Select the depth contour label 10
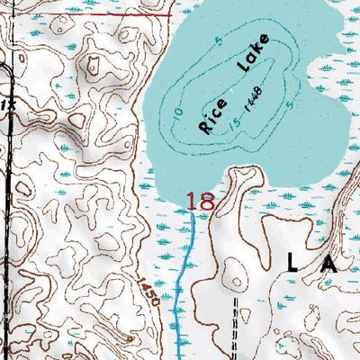click(x=179, y=115)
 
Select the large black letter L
click(x=295, y=262)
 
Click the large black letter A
click(x=326, y=262)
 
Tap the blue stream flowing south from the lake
click(x=184, y=270)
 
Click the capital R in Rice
click(x=206, y=127)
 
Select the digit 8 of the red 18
click(x=206, y=202)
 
